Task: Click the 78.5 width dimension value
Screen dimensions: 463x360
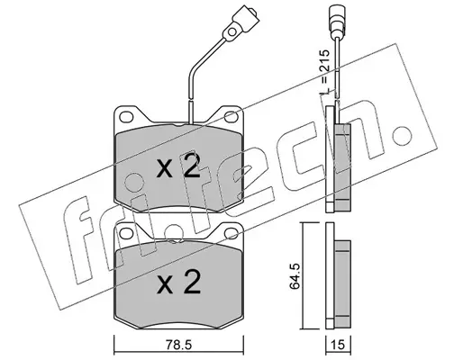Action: coord(178,346)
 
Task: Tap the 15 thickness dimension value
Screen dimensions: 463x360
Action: coord(339,346)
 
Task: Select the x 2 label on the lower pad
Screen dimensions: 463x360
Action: coord(178,281)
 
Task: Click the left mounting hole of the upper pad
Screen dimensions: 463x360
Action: coord(126,117)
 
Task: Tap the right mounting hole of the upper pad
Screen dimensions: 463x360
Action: coord(231,117)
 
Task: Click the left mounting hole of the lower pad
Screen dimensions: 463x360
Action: coord(126,233)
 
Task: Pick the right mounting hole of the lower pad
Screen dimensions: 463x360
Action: coord(231,233)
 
